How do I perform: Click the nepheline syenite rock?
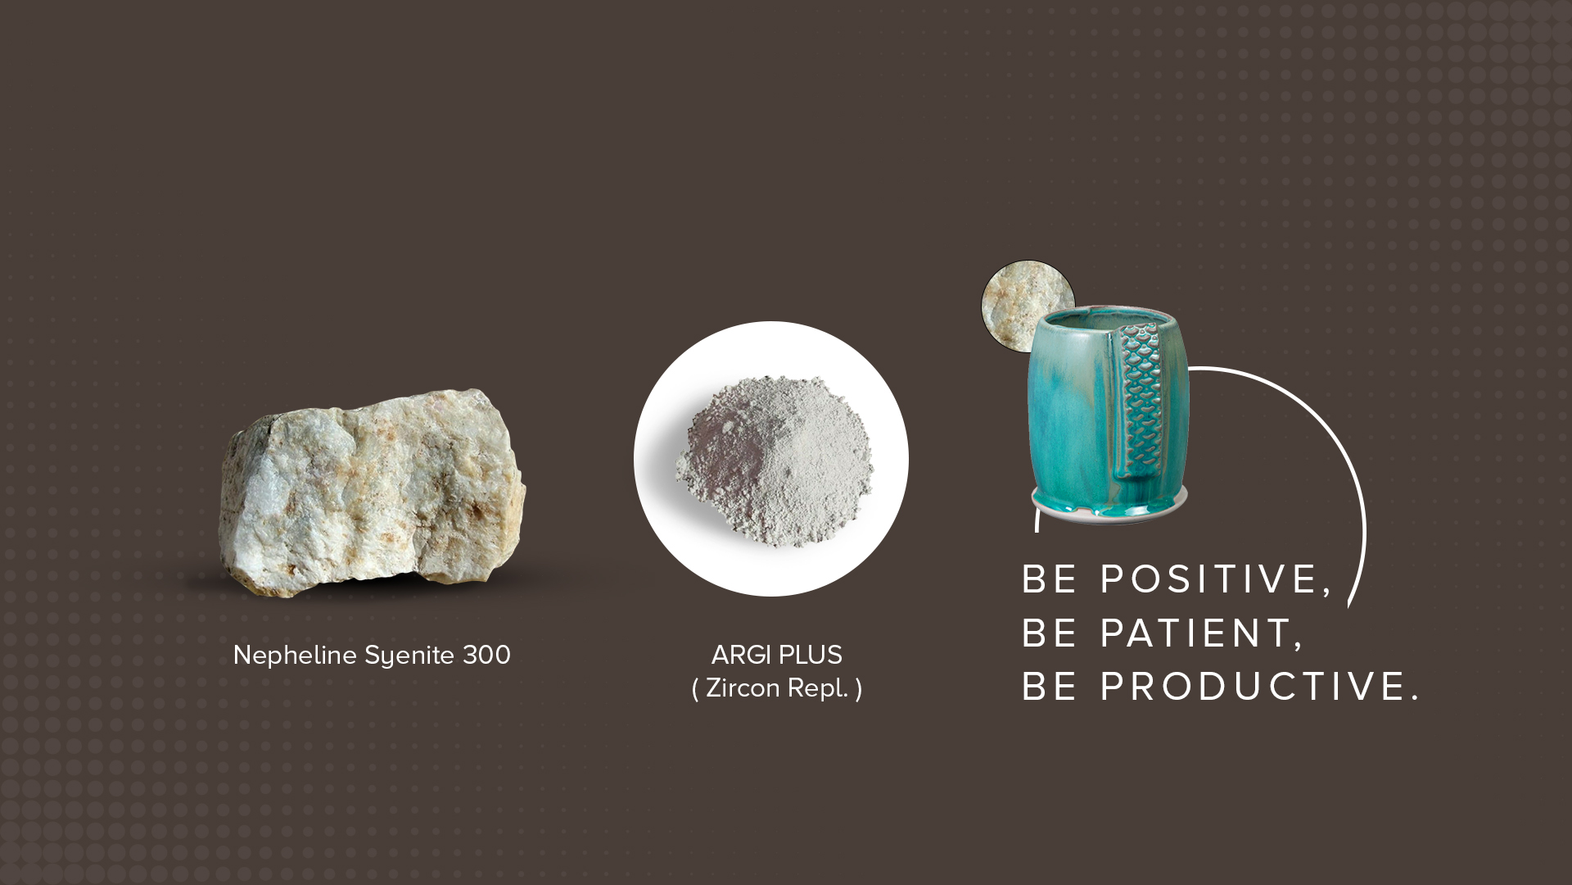point(373,493)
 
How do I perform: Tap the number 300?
point(487,656)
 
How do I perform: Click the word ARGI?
point(741,656)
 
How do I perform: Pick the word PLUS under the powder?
point(810,656)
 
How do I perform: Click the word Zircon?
point(743,688)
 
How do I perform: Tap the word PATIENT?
point(1201,633)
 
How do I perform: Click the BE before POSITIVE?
point(1050,579)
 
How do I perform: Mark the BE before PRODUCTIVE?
point(1050,687)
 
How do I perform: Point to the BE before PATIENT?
point(1050,633)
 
